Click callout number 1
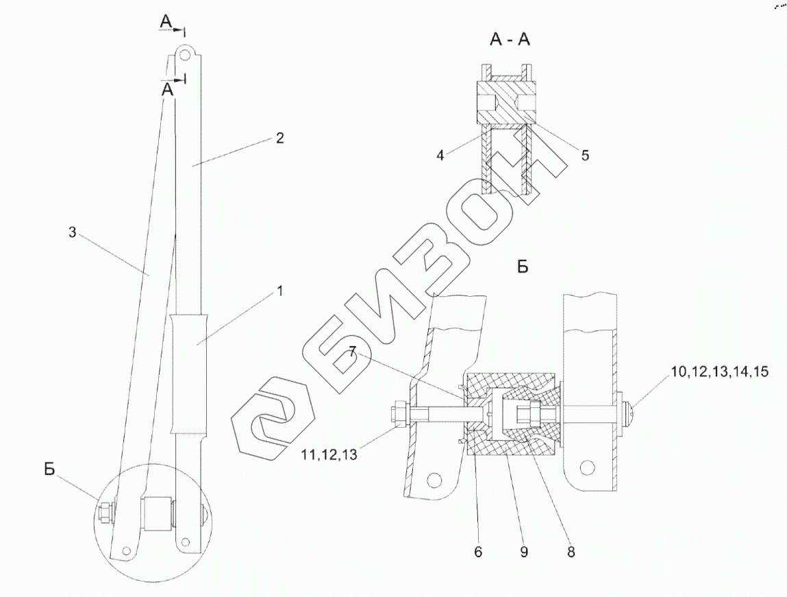click(279, 291)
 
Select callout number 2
click(279, 137)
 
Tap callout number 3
click(72, 233)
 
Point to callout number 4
click(441, 155)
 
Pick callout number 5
click(585, 155)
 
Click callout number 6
click(478, 551)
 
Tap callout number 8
click(570, 551)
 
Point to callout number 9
click(523, 551)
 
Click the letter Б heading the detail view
click(523, 267)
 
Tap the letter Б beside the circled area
click(49, 470)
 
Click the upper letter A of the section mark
click(166, 24)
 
